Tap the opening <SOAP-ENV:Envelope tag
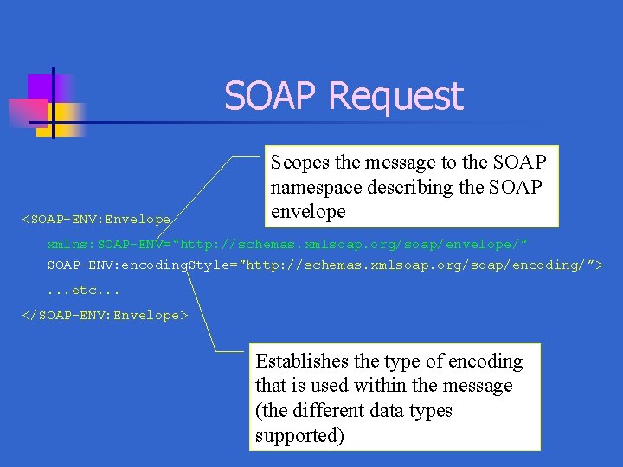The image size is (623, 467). (96, 221)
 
